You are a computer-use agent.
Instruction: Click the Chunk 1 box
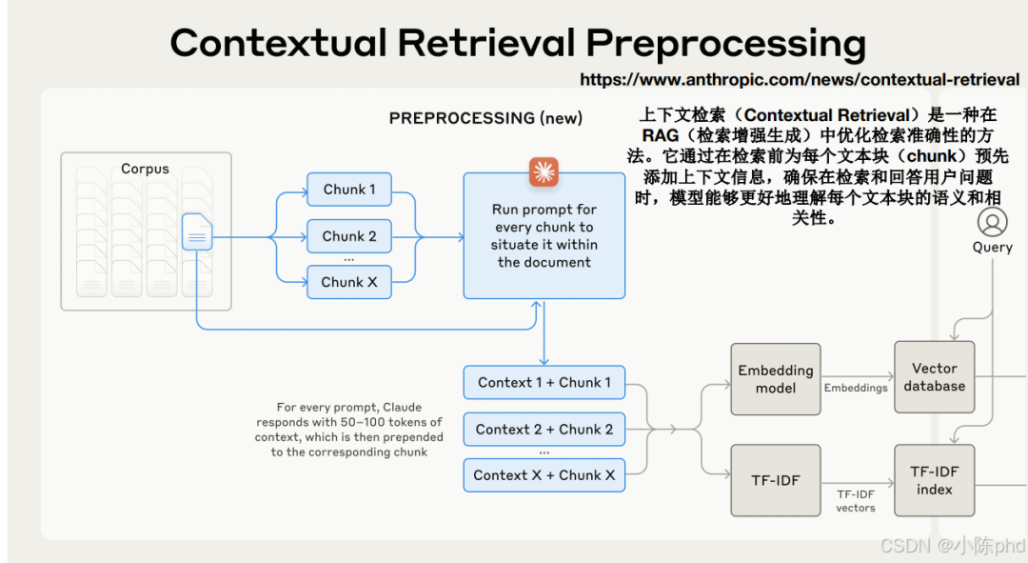pos(349,190)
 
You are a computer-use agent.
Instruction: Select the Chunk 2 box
pos(349,236)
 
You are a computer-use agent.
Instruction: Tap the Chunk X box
pos(349,282)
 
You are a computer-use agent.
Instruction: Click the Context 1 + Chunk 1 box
pos(544,383)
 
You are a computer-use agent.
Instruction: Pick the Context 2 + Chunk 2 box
pos(544,430)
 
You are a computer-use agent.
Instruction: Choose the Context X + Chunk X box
pos(544,475)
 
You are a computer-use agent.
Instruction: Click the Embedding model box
pos(776,379)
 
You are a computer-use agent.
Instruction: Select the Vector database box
pos(935,377)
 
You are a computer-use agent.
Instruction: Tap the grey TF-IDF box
pos(776,480)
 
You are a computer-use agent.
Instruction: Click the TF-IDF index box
pos(935,480)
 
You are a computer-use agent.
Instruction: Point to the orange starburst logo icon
pos(544,171)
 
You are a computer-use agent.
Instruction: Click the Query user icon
pos(993,223)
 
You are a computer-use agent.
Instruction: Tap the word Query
pos(993,248)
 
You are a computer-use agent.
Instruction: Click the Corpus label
pos(146,170)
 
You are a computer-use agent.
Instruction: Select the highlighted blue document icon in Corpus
pos(197,232)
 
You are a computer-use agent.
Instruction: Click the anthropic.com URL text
pos(800,80)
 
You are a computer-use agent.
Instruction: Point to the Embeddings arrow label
pos(856,388)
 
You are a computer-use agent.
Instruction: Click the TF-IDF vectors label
pos(856,501)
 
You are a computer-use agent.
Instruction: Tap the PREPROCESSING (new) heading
pos(485,118)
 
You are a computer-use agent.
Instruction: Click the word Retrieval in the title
pos(486,43)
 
